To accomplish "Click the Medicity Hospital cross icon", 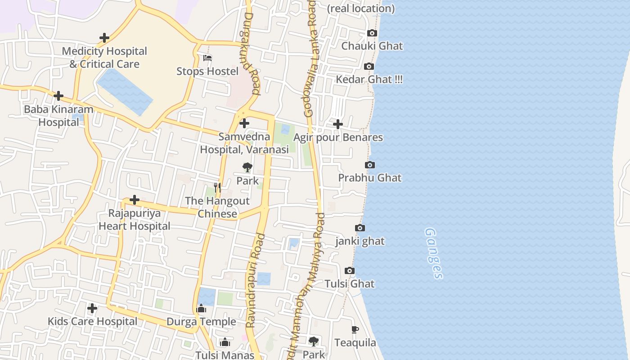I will [x=104, y=38].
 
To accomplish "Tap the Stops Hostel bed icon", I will [x=207, y=58].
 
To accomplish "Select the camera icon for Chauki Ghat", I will [x=372, y=33].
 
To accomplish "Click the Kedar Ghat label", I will [x=369, y=80].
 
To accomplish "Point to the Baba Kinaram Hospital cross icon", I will [x=58, y=96].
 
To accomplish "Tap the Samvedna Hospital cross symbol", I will [x=244, y=123].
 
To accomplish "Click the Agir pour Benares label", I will [x=338, y=137].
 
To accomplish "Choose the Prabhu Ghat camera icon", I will [x=370, y=165].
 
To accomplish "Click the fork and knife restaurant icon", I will [x=217, y=188].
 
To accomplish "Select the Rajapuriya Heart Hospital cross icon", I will [x=134, y=200].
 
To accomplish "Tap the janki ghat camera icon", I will [x=360, y=228].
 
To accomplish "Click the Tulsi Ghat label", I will [x=350, y=284].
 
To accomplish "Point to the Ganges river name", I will [x=434, y=253].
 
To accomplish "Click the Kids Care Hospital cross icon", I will [x=92, y=308].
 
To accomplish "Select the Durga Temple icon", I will [x=201, y=308].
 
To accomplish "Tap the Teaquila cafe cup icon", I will [x=355, y=329].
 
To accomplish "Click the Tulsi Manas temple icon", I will [x=225, y=342].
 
